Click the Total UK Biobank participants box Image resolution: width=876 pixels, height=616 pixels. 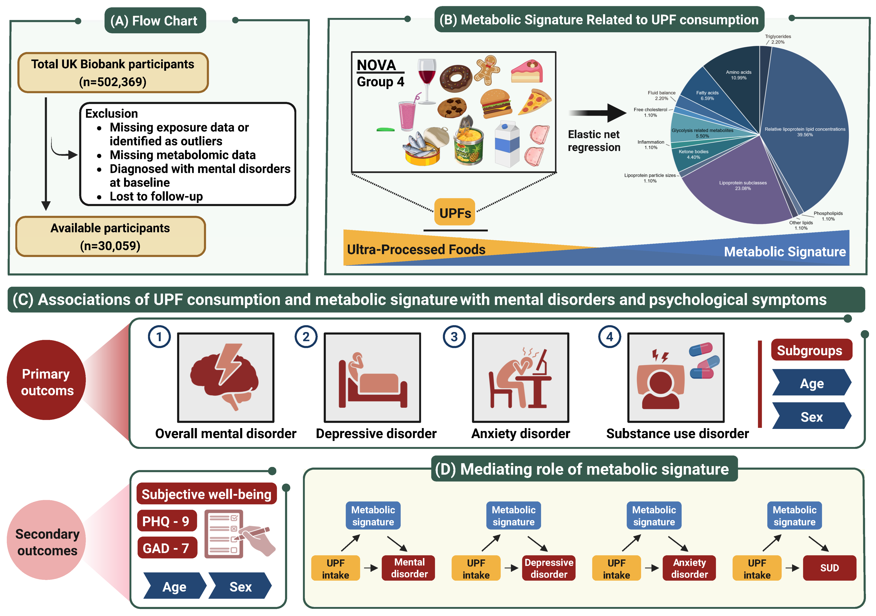(113, 73)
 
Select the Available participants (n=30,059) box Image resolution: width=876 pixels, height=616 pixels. (110, 237)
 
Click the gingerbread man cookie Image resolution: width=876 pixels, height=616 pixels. (487, 70)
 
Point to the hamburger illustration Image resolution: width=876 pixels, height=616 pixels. (496, 104)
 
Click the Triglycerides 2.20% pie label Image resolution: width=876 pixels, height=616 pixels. (778, 39)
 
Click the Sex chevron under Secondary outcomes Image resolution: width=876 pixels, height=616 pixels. (240, 586)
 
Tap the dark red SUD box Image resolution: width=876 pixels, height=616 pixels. (829, 568)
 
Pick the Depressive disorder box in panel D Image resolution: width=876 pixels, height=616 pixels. (549, 568)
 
